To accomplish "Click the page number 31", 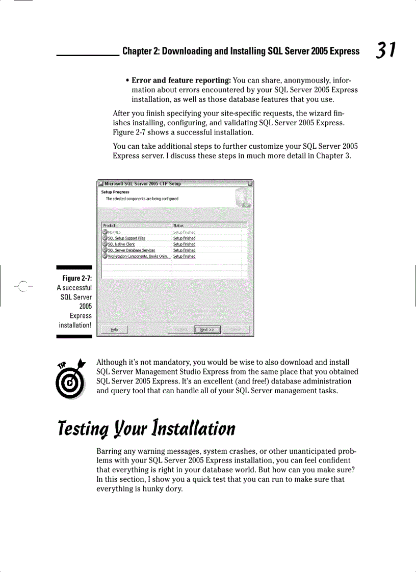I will (386, 50).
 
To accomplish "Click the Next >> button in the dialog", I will (207, 330).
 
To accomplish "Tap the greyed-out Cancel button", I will (236, 330).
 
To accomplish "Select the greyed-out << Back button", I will (181, 330).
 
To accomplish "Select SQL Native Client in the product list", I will (121, 244).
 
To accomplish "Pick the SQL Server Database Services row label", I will (132, 251).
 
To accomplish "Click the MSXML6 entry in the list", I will (114, 232).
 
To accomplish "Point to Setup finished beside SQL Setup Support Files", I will (184, 238).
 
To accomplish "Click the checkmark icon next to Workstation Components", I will (105, 257).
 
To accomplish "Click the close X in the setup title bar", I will (250, 183).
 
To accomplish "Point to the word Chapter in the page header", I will (136, 51).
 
